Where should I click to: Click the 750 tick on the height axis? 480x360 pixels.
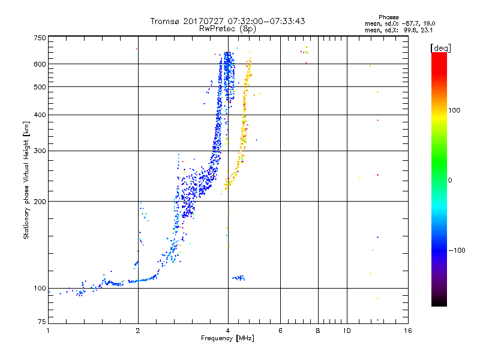pyautogui.click(x=40, y=37)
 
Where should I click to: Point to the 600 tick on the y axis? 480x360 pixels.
pyautogui.click(x=40, y=64)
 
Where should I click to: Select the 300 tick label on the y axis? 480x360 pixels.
pyautogui.click(x=40, y=151)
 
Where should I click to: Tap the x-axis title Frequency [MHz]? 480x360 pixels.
pyautogui.click(x=227, y=339)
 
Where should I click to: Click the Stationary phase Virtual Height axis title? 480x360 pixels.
pyautogui.click(x=26, y=180)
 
